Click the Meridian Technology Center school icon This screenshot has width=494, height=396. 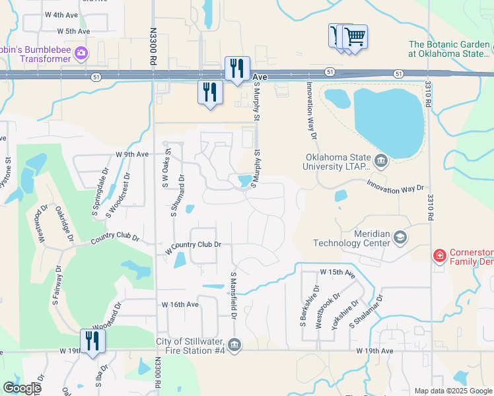click(x=400, y=237)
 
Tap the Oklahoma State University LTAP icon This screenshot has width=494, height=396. click(x=380, y=160)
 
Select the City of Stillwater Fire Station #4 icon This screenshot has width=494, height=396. click(x=234, y=345)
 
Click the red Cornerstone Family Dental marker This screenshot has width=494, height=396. click(x=439, y=255)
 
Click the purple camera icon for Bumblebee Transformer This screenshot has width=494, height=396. click(x=81, y=53)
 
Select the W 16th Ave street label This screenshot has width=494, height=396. click(x=180, y=304)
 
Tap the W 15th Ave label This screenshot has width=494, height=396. click(x=337, y=272)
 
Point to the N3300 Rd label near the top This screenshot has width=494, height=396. click(x=153, y=46)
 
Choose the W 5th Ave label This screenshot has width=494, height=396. click(x=73, y=31)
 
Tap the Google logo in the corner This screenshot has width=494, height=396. click(x=22, y=388)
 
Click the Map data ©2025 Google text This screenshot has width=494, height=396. click(x=452, y=391)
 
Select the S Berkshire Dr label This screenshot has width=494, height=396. click(x=302, y=306)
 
